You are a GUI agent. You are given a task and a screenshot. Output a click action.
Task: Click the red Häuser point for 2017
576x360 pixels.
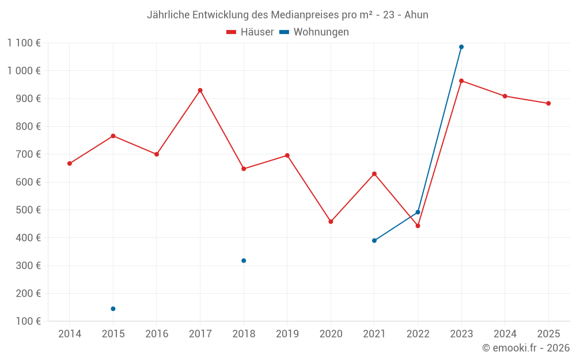click(200, 90)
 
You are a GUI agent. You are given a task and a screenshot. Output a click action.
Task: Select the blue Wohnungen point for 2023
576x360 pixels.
click(461, 47)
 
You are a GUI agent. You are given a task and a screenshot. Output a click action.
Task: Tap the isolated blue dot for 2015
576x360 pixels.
click(113, 309)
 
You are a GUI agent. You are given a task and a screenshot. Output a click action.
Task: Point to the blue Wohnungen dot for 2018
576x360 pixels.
click(244, 261)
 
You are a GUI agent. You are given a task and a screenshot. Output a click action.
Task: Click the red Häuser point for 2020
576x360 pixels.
click(331, 222)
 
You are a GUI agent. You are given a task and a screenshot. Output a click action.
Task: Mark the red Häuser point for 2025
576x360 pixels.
click(548, 104)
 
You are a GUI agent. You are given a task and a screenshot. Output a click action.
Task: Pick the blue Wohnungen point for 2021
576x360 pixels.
click(374, 241)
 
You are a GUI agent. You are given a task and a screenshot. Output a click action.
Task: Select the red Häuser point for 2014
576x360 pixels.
click(70, 164)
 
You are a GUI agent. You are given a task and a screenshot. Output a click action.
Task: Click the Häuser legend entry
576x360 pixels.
click(250, 32)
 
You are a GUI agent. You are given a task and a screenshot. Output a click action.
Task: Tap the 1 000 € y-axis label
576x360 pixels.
click(24, 71)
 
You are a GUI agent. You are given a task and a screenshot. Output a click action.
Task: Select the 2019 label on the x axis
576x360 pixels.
click(287, 334)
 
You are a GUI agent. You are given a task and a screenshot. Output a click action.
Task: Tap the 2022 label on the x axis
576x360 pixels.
click(418, 334)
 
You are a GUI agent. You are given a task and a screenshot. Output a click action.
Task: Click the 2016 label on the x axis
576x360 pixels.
click(157, 334)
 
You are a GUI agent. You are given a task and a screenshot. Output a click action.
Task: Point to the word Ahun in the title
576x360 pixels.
click(416, 15)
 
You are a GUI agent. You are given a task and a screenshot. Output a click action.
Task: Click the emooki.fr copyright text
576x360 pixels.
click(526, 348)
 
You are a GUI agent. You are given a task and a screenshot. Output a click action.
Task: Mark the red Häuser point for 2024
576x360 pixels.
click(505, 96)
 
